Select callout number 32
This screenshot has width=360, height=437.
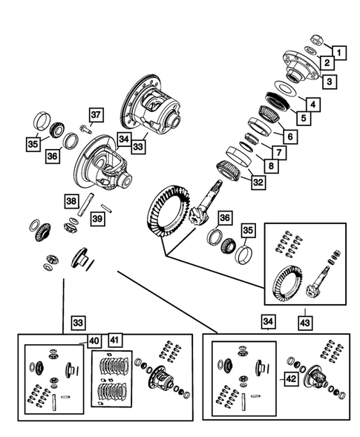[257, 182]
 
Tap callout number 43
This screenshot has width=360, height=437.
[306, 324]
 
